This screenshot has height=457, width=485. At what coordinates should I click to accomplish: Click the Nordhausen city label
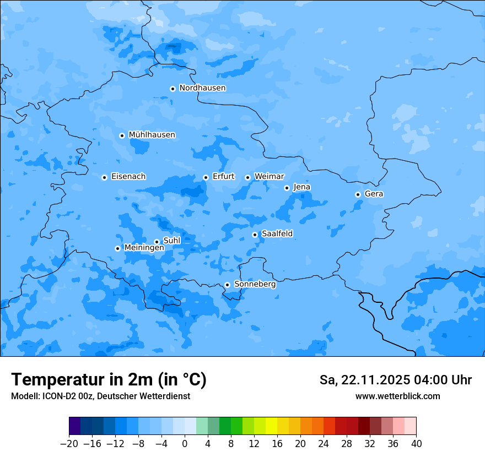click(x=202, y=88)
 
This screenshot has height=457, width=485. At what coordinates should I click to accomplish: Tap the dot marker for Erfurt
click(x=206, y=177)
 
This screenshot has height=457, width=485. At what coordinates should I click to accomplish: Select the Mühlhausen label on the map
click(x=152, y=135)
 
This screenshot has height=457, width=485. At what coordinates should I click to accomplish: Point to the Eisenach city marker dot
click(x=104, y=177)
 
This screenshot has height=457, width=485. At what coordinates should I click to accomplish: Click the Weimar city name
click(x=269, y=177)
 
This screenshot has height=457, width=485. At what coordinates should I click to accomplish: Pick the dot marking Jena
click(x=287, y=188)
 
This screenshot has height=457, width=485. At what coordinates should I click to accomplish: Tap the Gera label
click(x=374, y=194)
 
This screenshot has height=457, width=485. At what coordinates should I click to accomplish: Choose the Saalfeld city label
click(x=277, y=234)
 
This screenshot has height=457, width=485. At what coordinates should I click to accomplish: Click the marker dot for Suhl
click(x=157, y=242)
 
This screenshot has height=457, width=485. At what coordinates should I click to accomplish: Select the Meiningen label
click(x=144, y=248)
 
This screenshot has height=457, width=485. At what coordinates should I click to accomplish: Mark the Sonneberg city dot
click(x=227, y=285)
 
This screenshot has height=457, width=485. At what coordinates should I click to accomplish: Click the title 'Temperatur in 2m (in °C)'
click(x=109, y=379)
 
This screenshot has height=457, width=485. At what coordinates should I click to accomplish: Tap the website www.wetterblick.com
click(x=397, y=396)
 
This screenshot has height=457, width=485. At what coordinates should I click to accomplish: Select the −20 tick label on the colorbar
click(x=69, y=444)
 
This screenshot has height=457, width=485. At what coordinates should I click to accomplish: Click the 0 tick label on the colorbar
click(x=185, y=444)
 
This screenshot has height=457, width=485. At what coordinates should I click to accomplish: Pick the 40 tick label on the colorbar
click(x=416, y=444)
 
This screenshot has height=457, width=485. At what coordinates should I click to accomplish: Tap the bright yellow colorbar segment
click(x=271, y=426)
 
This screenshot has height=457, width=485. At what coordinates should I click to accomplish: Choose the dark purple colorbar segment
click(x=74, y=426)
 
